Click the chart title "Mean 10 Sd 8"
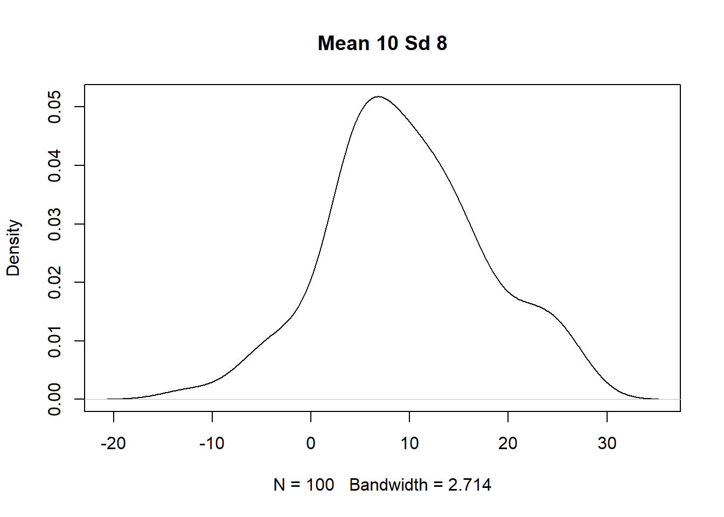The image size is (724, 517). pos(382,43)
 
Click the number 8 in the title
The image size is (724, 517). pos(442,43)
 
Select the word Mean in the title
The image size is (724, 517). pos(344,43)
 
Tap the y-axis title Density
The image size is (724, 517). pos(13,248)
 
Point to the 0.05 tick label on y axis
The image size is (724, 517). pos(55,107)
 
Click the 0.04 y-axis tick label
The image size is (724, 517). pos(55,165)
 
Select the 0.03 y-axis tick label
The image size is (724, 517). pos(55,224)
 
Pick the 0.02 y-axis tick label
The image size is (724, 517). pos(55,282)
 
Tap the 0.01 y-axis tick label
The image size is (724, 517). pos(55,341)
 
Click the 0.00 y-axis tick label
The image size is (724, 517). pos(55,399)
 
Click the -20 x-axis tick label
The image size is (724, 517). pos(113,443)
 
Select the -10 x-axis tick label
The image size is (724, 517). pos(212,443)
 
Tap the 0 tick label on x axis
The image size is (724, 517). pos(311,443)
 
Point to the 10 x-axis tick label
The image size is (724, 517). pos(409,443)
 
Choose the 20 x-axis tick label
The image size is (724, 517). pos(508,443)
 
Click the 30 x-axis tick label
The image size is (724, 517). pos(607,443)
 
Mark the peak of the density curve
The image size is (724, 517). pos(379,97)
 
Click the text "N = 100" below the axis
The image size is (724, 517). pos(304,485)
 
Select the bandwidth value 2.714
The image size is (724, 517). pos(470,485)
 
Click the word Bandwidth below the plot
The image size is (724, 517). pos(388,485)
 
